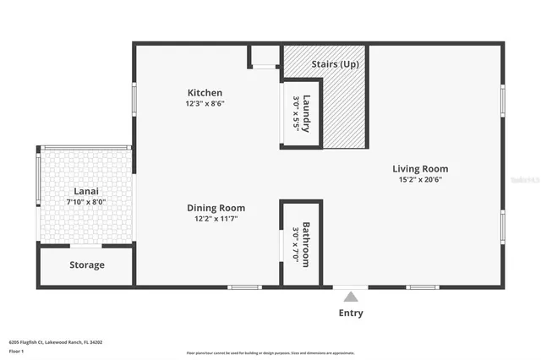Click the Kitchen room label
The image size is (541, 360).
point(205,93)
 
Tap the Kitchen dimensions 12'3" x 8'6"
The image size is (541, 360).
point(205,104)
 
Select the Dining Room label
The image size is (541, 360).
point(216,208)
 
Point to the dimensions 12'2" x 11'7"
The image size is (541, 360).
point(216,219)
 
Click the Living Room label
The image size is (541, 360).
point(420,169)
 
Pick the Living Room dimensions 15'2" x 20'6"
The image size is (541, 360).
point(420,180)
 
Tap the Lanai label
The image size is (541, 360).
point(86,191)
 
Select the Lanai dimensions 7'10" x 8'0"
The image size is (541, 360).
point(86,202)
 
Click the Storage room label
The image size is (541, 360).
point(86,265)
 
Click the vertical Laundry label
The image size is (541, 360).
point(308,113)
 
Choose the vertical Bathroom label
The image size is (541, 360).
point(307,244)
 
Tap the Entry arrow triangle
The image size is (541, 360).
point(351,296)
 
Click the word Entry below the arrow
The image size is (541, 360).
point(351,313)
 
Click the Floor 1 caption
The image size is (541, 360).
point(17,350)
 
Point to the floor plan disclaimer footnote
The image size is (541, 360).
point(270,352)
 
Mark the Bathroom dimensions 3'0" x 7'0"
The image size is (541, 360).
point(296,244)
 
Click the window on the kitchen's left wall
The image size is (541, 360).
point(134,99)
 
